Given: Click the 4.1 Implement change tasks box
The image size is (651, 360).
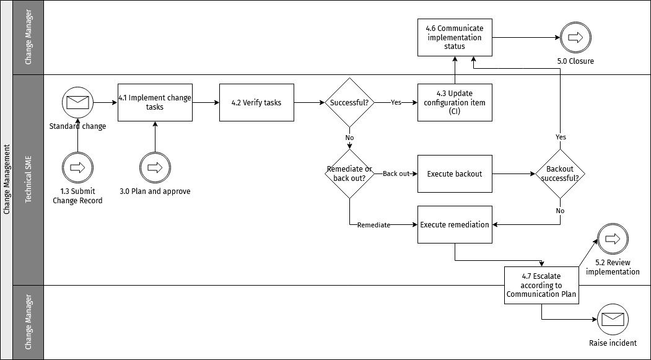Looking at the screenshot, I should (x=155, y=102).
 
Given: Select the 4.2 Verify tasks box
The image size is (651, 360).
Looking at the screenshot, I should (x=256, y=102).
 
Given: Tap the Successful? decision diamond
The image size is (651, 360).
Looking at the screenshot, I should (x=350, y=102).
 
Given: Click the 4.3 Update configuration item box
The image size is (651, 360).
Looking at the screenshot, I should (x=455, y=102).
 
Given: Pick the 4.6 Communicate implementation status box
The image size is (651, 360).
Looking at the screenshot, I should (x=455, y=37).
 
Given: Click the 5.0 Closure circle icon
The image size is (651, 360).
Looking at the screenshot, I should (x=575, y=37).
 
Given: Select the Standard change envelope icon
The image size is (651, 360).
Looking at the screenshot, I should (x=77, y=102).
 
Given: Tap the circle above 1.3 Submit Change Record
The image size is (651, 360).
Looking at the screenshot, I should (x=77, y=167).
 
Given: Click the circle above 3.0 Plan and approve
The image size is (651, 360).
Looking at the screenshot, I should (x=155, y=167).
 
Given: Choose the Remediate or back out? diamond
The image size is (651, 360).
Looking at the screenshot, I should (x=350, y=173).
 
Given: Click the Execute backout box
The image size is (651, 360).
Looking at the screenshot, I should (x=455, y=173).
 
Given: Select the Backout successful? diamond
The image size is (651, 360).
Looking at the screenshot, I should (x=560, y=173).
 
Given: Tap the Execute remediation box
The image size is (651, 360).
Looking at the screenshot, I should (x=455, y=224).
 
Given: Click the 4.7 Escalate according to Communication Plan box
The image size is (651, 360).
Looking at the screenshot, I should (x=542, y=285).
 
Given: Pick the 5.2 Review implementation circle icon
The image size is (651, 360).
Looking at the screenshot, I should (x=613, y=239).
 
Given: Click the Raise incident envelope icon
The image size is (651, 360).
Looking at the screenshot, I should (x=613, y=319).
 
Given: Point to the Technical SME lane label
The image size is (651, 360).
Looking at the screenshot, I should (x=28, y=180).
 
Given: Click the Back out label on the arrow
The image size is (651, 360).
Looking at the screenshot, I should (x=396, y=173).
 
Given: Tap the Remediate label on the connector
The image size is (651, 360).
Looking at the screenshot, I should (x=374, y=225).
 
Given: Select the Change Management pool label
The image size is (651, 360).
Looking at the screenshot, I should (x=7, y=180).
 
